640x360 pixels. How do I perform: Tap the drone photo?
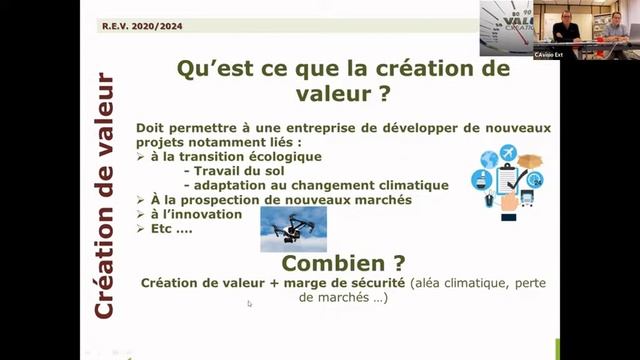pos(293,228)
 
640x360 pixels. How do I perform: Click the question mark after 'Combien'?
pos(399,264)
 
